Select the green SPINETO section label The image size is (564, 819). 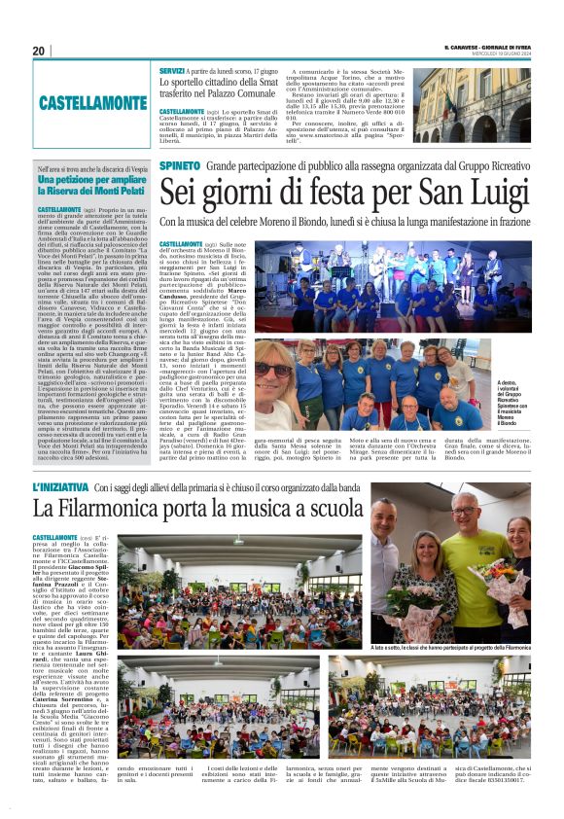tap(180, 168)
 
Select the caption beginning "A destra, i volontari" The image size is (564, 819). tap(511, 402)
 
